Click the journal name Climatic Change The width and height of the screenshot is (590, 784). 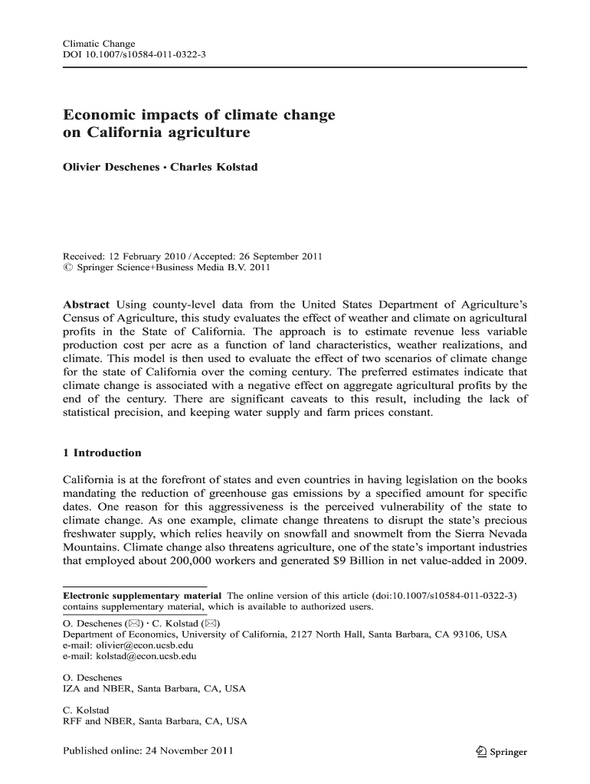click(98, 44)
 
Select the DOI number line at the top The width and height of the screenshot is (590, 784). click(134, 57)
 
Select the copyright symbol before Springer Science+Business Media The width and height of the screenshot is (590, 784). click(66, 268)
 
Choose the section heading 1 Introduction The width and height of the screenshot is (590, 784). click(102, 452)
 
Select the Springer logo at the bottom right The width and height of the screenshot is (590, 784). click(501, 752)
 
